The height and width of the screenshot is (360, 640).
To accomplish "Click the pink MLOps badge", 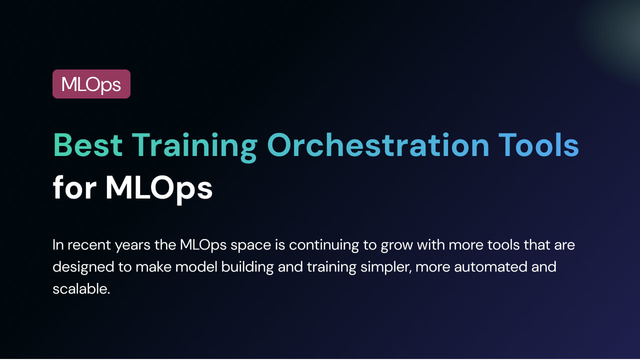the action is (91, 84).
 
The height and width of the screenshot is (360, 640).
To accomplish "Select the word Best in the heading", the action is (88, 145).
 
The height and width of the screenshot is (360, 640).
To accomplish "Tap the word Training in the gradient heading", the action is (194, 147).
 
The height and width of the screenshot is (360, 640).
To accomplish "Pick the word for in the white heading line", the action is (74, 187).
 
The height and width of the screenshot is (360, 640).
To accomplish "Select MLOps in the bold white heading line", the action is (159, 189).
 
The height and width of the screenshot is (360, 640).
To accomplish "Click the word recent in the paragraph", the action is (89, 245).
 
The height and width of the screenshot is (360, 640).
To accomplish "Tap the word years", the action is (132, 246).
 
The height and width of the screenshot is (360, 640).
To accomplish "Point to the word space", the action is (251, 247).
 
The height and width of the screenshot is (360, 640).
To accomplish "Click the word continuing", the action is (324, 246).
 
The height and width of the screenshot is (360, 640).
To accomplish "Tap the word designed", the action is (83, 268).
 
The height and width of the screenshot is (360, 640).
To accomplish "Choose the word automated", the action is (490, 267).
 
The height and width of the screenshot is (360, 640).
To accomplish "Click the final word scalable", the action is (81, 289).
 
